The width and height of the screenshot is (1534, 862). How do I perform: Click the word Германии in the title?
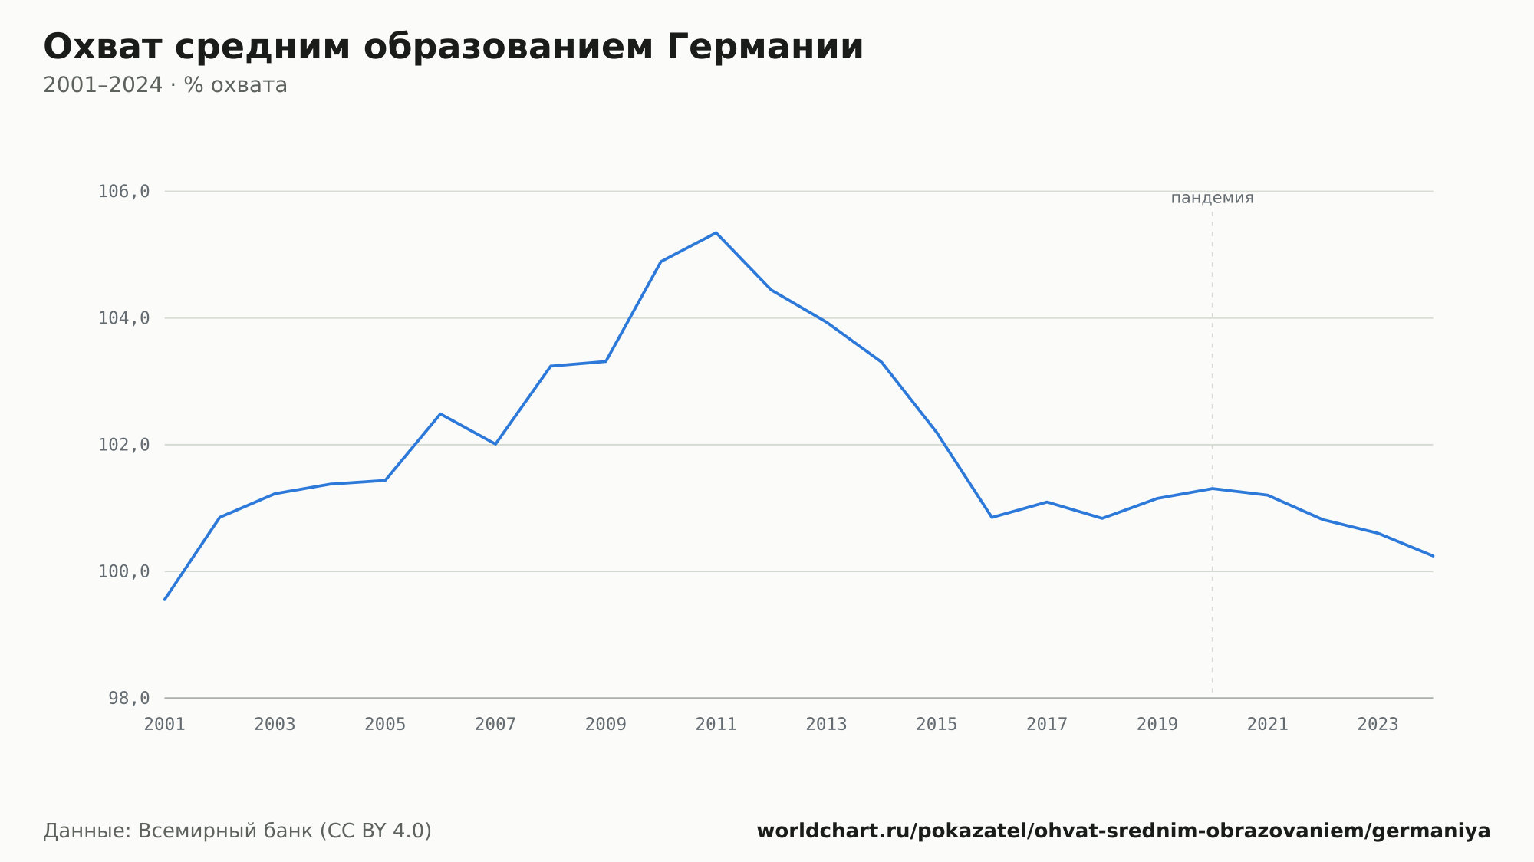tap(765, 47)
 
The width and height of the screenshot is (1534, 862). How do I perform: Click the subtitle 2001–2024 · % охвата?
tap(165, 85)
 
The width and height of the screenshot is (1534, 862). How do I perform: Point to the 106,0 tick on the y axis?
tap(123, 192)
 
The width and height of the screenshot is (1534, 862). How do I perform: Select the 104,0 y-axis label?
tap(123, 318)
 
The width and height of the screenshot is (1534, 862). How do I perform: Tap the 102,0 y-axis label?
tap(123, 445)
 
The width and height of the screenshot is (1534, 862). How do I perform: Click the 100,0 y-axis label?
tap(123, 571)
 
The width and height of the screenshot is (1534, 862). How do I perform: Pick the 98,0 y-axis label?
tap(129, 698)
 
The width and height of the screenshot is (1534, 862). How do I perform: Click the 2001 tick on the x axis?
tap(165, 725)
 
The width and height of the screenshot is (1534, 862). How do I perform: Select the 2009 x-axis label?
tap(606, 725)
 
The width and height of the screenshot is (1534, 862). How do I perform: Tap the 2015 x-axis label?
tap(937, 725)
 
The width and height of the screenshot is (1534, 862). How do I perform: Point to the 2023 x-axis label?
tap(1378, 725)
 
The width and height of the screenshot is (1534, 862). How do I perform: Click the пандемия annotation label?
tap(1212, 198)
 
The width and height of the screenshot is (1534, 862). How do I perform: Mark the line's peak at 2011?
tap(716, 232)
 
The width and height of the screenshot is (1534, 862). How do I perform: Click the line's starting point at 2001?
tap(165, 600)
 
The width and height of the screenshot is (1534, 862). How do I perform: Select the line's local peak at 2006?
tap(440, 414)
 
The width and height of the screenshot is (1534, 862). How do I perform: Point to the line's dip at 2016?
tap(992, 518)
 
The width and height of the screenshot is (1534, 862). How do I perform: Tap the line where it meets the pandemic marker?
tap(1212, 489)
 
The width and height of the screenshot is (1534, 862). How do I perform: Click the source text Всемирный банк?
tap(225, 831)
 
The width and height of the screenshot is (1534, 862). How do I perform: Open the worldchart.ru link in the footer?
tap(1124, 831)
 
